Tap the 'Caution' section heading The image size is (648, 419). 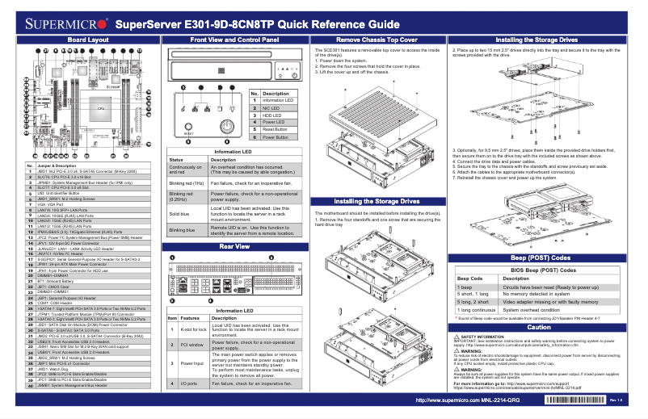coord(539,327)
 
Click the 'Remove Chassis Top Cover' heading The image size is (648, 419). coord(377,39)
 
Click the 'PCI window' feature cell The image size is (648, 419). coord(193,345)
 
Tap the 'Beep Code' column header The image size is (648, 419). coord(469,278)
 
